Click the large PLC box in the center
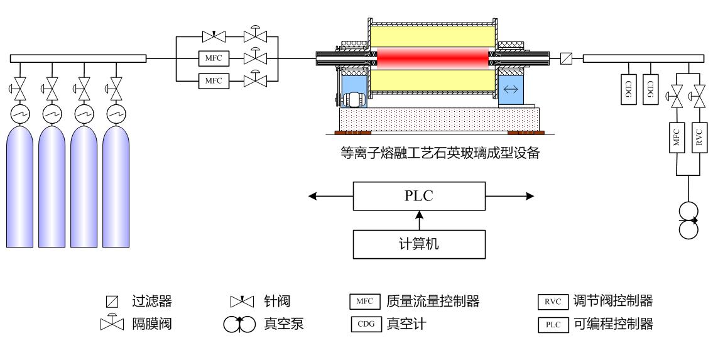420,197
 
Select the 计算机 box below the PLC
420,244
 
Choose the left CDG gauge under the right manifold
629,87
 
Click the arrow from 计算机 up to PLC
420,221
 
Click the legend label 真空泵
281,325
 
